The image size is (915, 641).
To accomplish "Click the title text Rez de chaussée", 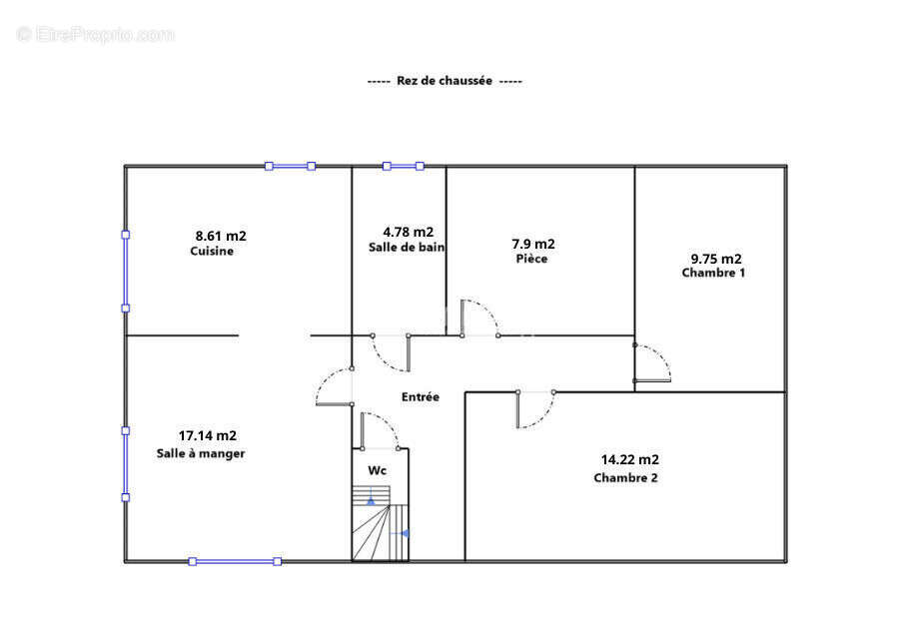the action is click(445, 81).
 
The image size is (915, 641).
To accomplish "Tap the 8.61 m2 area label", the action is click(221, 237).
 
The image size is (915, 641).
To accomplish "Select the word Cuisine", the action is click(212, 252).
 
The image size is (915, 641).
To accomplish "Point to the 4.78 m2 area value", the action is click(408, 233).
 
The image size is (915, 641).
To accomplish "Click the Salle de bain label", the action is click(407, 248).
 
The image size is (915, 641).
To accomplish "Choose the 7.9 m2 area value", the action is click(533, 244).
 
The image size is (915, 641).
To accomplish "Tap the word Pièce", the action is click(531, 259).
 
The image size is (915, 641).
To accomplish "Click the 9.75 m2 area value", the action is click(716, 259).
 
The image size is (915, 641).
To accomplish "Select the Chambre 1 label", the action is click(713, 273).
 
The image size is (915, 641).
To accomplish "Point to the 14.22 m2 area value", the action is click(629, 460).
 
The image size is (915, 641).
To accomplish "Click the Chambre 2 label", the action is click(625, 478).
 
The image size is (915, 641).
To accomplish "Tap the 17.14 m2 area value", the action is click(207, 436).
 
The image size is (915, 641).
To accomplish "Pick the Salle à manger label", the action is click(201, 453).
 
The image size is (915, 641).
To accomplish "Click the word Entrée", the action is click(421, 397).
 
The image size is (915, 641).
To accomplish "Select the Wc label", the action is click(377, 470).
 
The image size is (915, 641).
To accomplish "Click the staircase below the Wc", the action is click(380, 523).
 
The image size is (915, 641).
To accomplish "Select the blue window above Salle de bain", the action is click(404, 166).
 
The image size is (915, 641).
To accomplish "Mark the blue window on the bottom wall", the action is click(235, 562).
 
